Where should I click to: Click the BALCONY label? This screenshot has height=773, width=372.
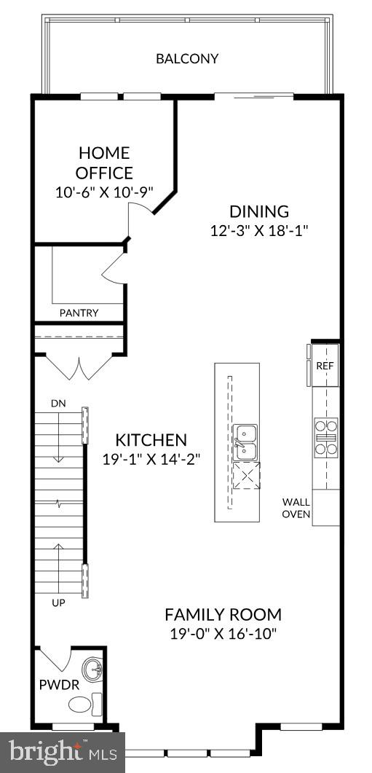pos(187,59)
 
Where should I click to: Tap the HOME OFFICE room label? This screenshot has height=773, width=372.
pos(105,163)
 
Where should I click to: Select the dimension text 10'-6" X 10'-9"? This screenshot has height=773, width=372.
pos(105,193)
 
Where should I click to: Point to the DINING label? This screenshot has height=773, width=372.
pos(259,212)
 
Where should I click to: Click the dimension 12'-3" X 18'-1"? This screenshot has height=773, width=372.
pos(259,231)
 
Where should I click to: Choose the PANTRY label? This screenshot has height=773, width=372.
pos(79,313)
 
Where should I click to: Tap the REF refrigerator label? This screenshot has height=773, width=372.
pos(325,364)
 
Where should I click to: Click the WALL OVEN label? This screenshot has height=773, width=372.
pos(297,508)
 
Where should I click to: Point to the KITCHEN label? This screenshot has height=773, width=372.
pos(151,440)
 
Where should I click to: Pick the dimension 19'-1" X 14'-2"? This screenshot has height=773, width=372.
pos(151,459)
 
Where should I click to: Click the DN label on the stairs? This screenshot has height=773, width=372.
pos(58,403)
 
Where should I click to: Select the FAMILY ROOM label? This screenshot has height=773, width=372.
pos(223,614)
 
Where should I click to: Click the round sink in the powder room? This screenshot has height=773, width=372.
pos(92,669)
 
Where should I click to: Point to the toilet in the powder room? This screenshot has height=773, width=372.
pos(82,704)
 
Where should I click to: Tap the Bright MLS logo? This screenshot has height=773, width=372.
pos(62,750)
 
